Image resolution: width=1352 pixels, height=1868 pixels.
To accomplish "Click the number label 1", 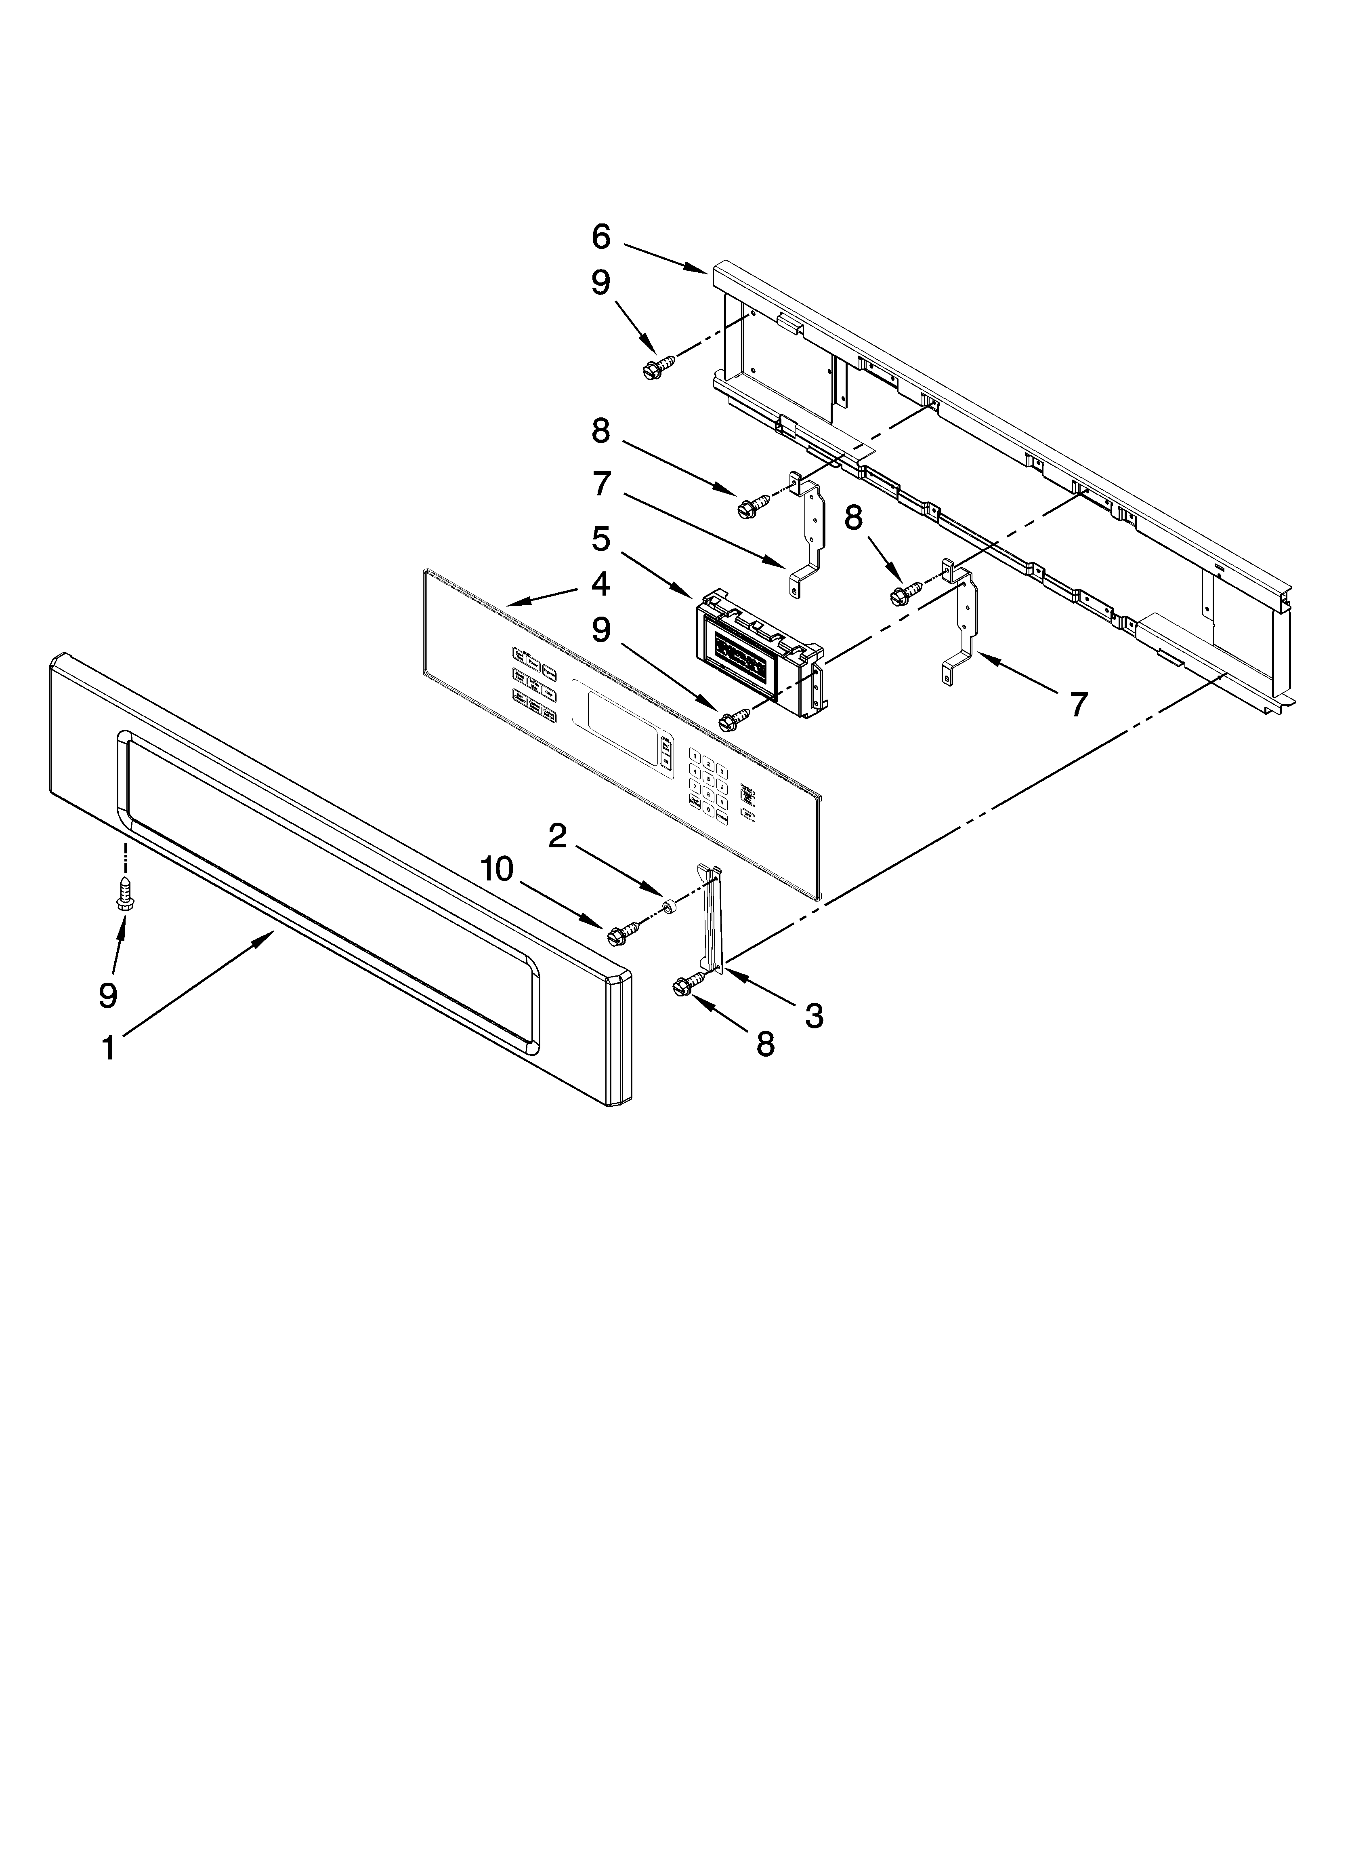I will [x=108, y=1049].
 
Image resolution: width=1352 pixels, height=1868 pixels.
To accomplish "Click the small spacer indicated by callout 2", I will [x=670, y=907].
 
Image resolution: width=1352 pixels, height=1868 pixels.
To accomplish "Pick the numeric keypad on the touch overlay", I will [x=709, y=784].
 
